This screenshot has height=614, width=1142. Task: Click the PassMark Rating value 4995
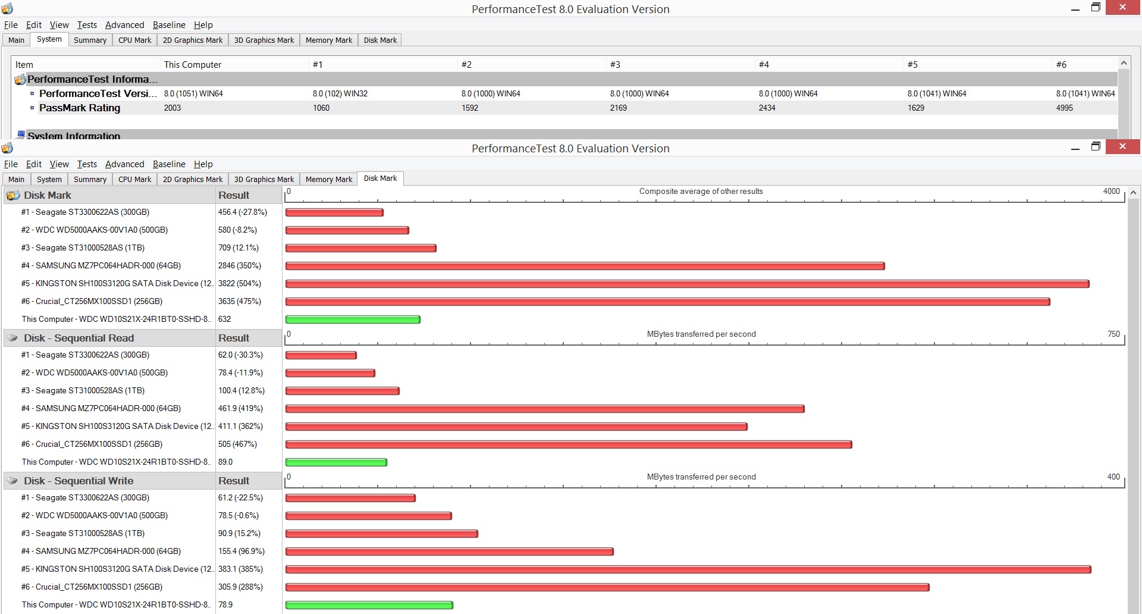(1064, 108)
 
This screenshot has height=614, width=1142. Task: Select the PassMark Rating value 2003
(172, 108)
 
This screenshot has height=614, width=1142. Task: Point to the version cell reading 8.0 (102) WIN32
(340, 93)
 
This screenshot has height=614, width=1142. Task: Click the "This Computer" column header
(192, 64)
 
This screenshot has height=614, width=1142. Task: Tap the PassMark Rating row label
(80, 108)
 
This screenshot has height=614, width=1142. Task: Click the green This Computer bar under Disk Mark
(353, 319)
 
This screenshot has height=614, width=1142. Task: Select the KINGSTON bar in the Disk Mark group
(687, 284)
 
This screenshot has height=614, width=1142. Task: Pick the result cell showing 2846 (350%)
(240, 265)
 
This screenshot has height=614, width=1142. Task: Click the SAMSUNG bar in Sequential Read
(545, 409)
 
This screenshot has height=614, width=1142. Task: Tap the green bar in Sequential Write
(369, 605)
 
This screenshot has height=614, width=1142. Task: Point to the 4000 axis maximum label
(1111, 191)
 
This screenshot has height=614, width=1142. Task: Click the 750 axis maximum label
(1113, 334)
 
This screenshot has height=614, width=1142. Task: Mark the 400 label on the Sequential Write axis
(1113, 477)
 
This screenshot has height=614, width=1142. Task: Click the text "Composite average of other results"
(701, 191)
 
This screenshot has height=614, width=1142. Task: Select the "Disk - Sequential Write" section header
(79, 481)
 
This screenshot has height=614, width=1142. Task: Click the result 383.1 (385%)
(240, 569)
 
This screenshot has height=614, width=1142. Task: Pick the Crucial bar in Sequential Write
(607, 587)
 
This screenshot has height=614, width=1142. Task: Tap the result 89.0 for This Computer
(225, 462)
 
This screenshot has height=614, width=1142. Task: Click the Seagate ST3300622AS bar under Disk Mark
(334, 212)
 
